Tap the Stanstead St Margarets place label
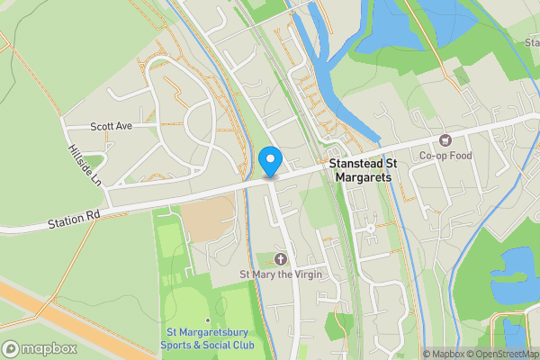pyautogui.click(x=364, y=171)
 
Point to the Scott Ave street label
pyautogui.click(x=111, y=126)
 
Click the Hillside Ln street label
pyautogui.click(x=85, y=165)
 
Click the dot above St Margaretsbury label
pyautogui.click(x=208, y=320)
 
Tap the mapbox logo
pyautogui.click(x=40, y=349)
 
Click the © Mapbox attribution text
pyautogui.click(x=446, y=354)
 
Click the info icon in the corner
pyautogui.click(x=414, y=354)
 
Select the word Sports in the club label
pyautogui.click(x=176, y=345)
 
